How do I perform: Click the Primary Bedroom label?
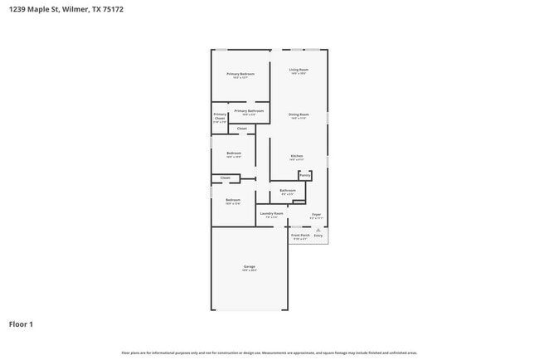[240, 74]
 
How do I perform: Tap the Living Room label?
[299, 70]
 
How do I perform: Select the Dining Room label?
[299, 114]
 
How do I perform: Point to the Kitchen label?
[296, 156]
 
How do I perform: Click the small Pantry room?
[305, 176]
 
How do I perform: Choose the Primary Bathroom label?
[249, 111]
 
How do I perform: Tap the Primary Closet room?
[220, 118]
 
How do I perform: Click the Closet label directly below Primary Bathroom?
[242, 129]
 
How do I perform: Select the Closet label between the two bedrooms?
[226, 178]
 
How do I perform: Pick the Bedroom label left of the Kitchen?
[234, 153]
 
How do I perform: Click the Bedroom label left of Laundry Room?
[233, 200]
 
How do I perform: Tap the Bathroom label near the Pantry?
[288, 191]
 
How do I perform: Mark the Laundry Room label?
[271, 214]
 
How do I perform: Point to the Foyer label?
[316, 214]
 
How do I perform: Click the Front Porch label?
[299, 236]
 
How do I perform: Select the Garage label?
[249, 267]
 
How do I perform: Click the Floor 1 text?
[21, 324]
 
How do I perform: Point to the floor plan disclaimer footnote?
[269, 353]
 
